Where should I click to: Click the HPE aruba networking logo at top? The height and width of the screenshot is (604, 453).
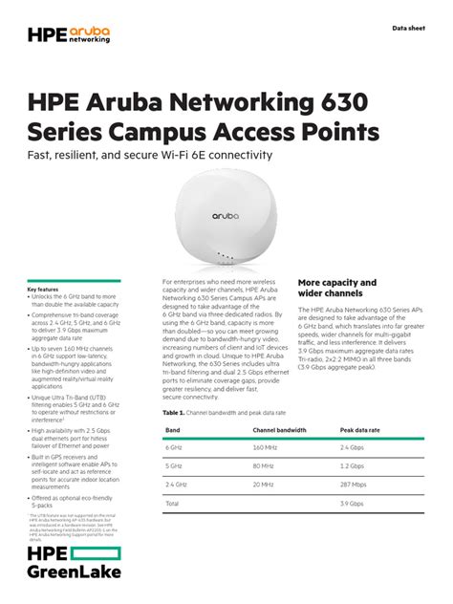tap(70, 35)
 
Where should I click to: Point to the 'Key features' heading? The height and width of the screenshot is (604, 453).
tap(43, 289)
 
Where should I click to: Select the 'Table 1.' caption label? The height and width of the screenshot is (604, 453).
tap(173, 412)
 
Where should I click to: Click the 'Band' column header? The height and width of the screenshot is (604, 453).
tap(173, 430)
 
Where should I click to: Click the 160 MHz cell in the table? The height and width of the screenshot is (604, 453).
tap(266, 447)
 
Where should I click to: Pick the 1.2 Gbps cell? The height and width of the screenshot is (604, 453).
tap(354, 465)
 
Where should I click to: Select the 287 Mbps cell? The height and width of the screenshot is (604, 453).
tap(355, 484)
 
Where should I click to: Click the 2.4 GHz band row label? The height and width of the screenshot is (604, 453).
tap(177, 484)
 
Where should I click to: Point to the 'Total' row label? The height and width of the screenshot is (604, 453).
tap(173, 503)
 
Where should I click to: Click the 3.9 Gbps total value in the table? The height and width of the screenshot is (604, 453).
tap(354, 503)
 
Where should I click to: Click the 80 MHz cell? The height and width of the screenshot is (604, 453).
tap(264, 465)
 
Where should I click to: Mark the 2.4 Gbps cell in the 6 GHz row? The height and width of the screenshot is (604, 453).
tap(354, 447)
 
